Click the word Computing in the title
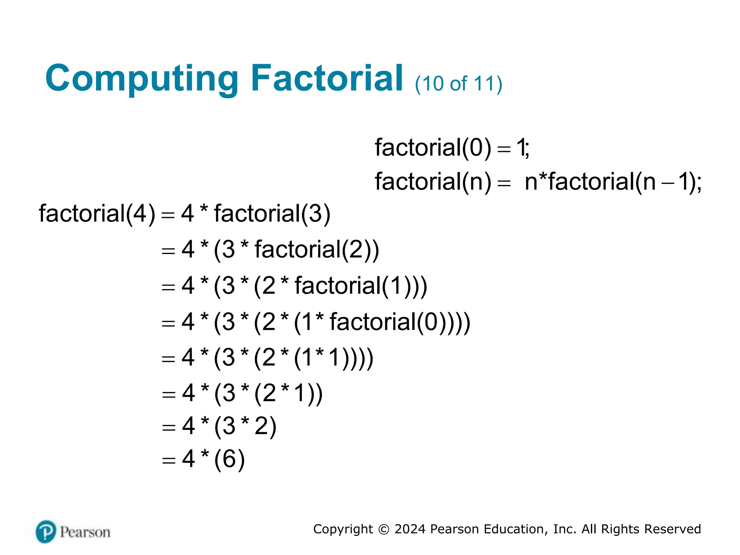pos(142,79)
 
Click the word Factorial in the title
pos(327,78)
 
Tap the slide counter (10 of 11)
pos(458,84)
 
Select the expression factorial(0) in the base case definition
pos(433,148)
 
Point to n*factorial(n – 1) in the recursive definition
pos(611,181)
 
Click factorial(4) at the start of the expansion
pos(97,214)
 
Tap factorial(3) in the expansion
pos(272,214)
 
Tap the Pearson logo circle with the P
pos(46,532)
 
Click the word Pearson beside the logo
pos(85,532)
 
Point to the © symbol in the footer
pos(383,529)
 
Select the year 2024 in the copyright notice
pos(410,529)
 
